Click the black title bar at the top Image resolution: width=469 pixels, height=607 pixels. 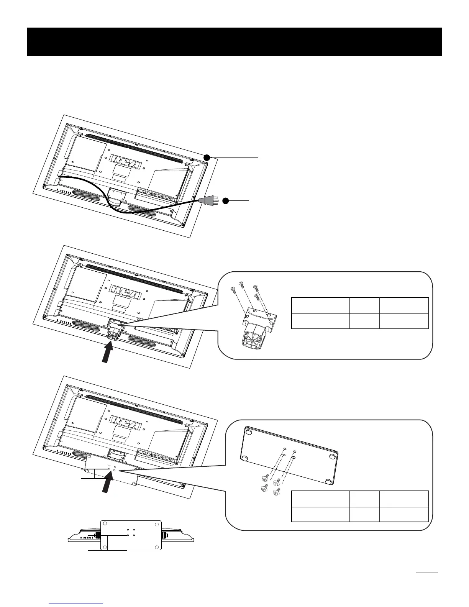coord(234,41)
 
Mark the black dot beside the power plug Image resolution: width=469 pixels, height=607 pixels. coord(226,200)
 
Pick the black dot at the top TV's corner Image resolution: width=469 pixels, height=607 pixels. coord(207,157)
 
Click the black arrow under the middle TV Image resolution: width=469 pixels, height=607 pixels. coord(108,354)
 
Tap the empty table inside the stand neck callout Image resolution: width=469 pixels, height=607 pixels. coord(360,313)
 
